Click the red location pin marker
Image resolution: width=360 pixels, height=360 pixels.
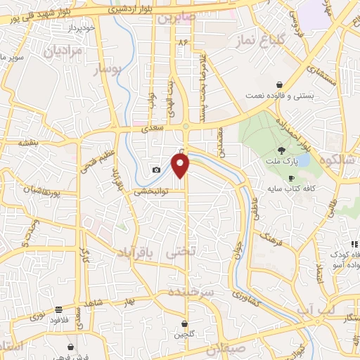[181, 166]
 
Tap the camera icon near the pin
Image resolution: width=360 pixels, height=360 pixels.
[156, 169]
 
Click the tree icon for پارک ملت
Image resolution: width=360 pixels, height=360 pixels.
[282, 150]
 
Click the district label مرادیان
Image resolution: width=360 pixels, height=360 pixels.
[63, 51]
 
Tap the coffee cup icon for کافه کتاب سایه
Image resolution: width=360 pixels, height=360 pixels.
[291, 179]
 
